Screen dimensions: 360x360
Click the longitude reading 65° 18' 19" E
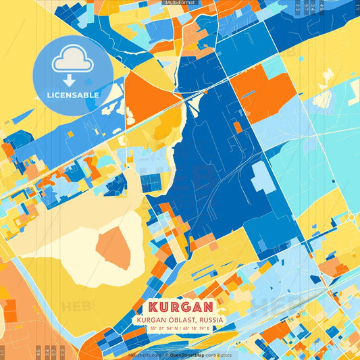click(197, 328)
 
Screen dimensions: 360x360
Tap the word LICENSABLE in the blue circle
click(72, 95)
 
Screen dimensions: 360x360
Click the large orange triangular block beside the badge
click(144, 95)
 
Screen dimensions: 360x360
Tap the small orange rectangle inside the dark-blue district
click(237, 126)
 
